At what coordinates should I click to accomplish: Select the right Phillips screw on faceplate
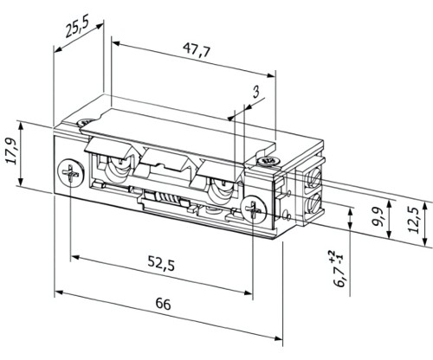point(253,209)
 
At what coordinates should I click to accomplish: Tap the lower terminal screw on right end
point(314,204)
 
